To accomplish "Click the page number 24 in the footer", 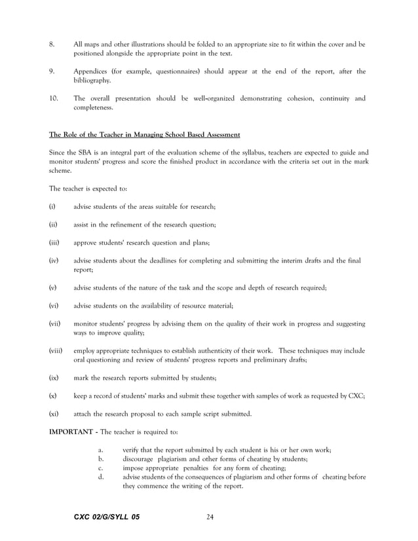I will tap(210, 517).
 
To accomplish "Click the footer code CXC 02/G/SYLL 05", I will tap(107, 517).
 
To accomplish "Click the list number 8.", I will tap(52, 44).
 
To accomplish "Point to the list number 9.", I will tap(52, 71).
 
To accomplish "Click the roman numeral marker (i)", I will tap(52, 207).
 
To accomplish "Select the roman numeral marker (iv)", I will tap(53, 260).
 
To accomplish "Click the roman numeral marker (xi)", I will tap(53, 414).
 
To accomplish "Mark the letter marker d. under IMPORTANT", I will tap(101, 477).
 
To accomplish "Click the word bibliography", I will tap(92, 80).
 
